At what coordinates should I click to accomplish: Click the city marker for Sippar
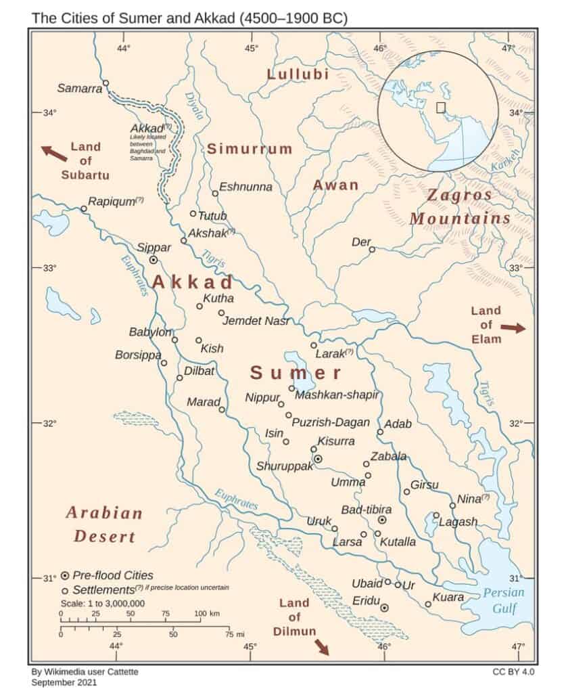pos(154,259)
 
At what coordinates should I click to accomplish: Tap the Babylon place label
pos(150,332)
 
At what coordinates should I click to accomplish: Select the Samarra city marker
pos(105,83)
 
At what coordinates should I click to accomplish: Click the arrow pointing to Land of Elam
pos(512,328)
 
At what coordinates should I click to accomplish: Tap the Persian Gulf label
pos(503,600)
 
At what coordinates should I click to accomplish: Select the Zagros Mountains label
pos(460,207)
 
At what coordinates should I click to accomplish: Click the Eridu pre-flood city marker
pos(384,608)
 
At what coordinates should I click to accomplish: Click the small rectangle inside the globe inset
pos(440,107)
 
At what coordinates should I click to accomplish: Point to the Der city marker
pos(371,250)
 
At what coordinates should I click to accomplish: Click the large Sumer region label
pos(296,373)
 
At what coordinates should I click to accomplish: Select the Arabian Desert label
pos(104,524)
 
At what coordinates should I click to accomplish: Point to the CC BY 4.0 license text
pos(515,672)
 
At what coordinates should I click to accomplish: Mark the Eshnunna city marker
pos(215,194)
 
